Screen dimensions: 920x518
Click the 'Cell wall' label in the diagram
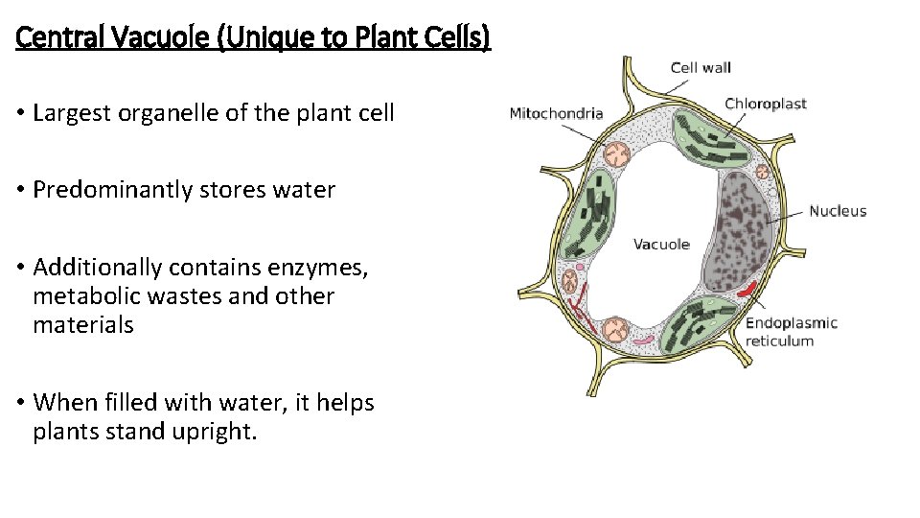pyautogui.click(x=700, y=67)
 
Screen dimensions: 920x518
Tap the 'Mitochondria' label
pyautogui.click(x=556, y=113)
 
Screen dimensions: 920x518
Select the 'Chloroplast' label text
pyautogui.click(x=766, y=104)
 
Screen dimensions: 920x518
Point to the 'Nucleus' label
pyautogui.click(x=838, y=211)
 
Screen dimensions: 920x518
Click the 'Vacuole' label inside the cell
pyautogui.click(x=661, y=245)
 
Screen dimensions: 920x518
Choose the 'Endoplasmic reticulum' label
pyautogui.click(x=791, y=332)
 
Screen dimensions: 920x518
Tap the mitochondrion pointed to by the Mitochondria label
pyautogui.click(x=616, y=153)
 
